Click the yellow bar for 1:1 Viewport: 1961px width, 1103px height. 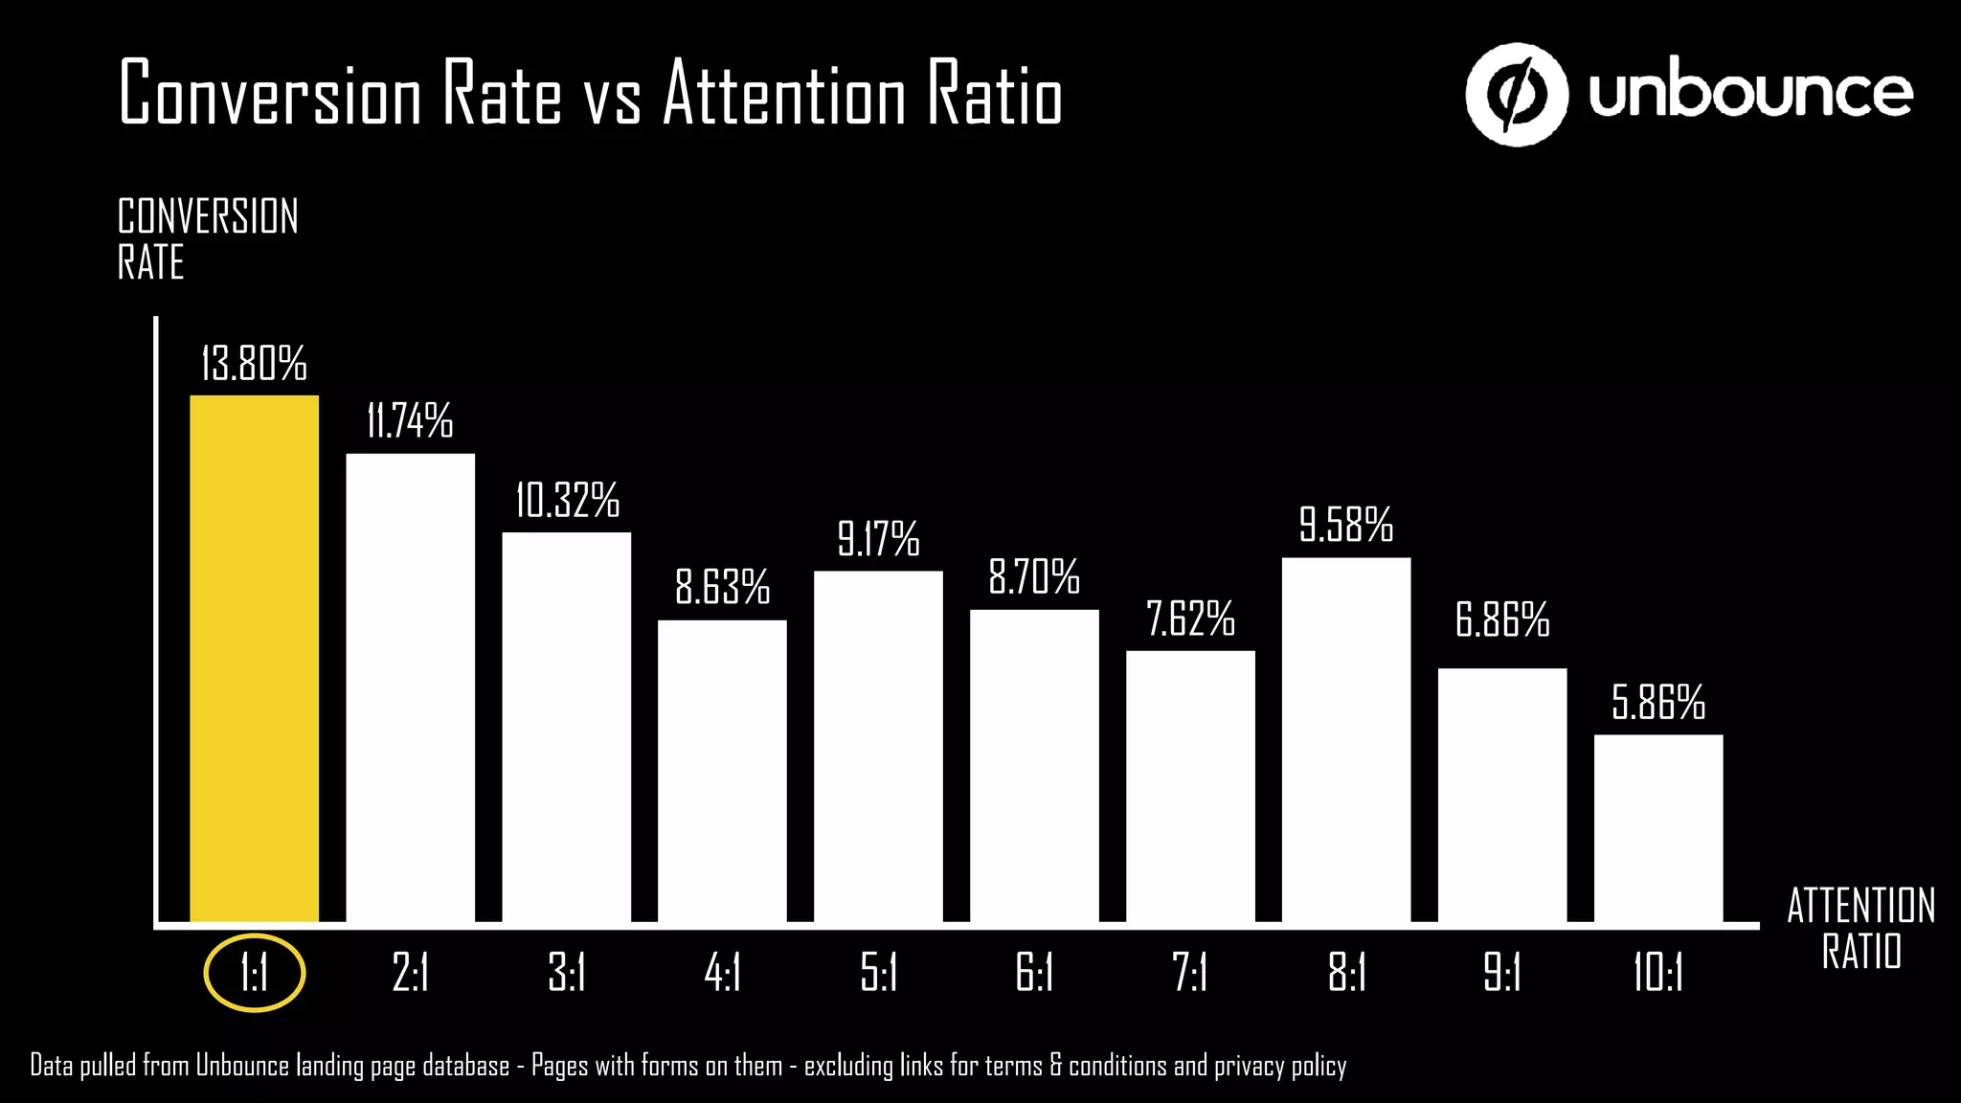pyautogui.click(x=254, y=659)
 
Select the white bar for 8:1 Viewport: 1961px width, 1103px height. pyautogui.click(x=1345, y=739)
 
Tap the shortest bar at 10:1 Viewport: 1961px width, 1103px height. pyautogui.click(x=1657, y=828)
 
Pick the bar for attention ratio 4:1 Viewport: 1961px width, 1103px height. pyautogui.click(x=722, y=771)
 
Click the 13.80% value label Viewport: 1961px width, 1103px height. pyautogui.click(x=254, y=364)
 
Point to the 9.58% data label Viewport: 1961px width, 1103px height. pyautogui.click(x=1345, y=525)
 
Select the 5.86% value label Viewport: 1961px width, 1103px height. pyautogui.click(x=1657, y=702)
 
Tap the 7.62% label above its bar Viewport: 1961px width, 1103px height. pyautogui.click(x=1190, y=619)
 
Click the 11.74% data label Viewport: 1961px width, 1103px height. pyautogui.click(x=410, y=421)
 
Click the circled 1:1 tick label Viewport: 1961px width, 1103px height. pyautogui.click(x=254, y=974)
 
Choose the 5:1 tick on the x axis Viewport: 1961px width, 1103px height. pyautogui.click(x=878, y=974)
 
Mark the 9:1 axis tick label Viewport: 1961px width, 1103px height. pyautogui.click(x=1501, y=974)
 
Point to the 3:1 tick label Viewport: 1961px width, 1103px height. pyautogui.click(x=566, y=974)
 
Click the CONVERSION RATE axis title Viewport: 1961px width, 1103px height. pyautogui.click(x=207, y=239)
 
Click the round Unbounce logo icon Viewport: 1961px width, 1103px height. pyautogui.click(x=1516, y=94)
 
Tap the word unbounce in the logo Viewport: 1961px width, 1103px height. pyautogui.click(x=1750, y=94)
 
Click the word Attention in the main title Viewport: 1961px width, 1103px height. pyautogui.click(x=783, y=94)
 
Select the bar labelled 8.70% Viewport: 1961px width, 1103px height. pyautogui.click(x=1034, y=766)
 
